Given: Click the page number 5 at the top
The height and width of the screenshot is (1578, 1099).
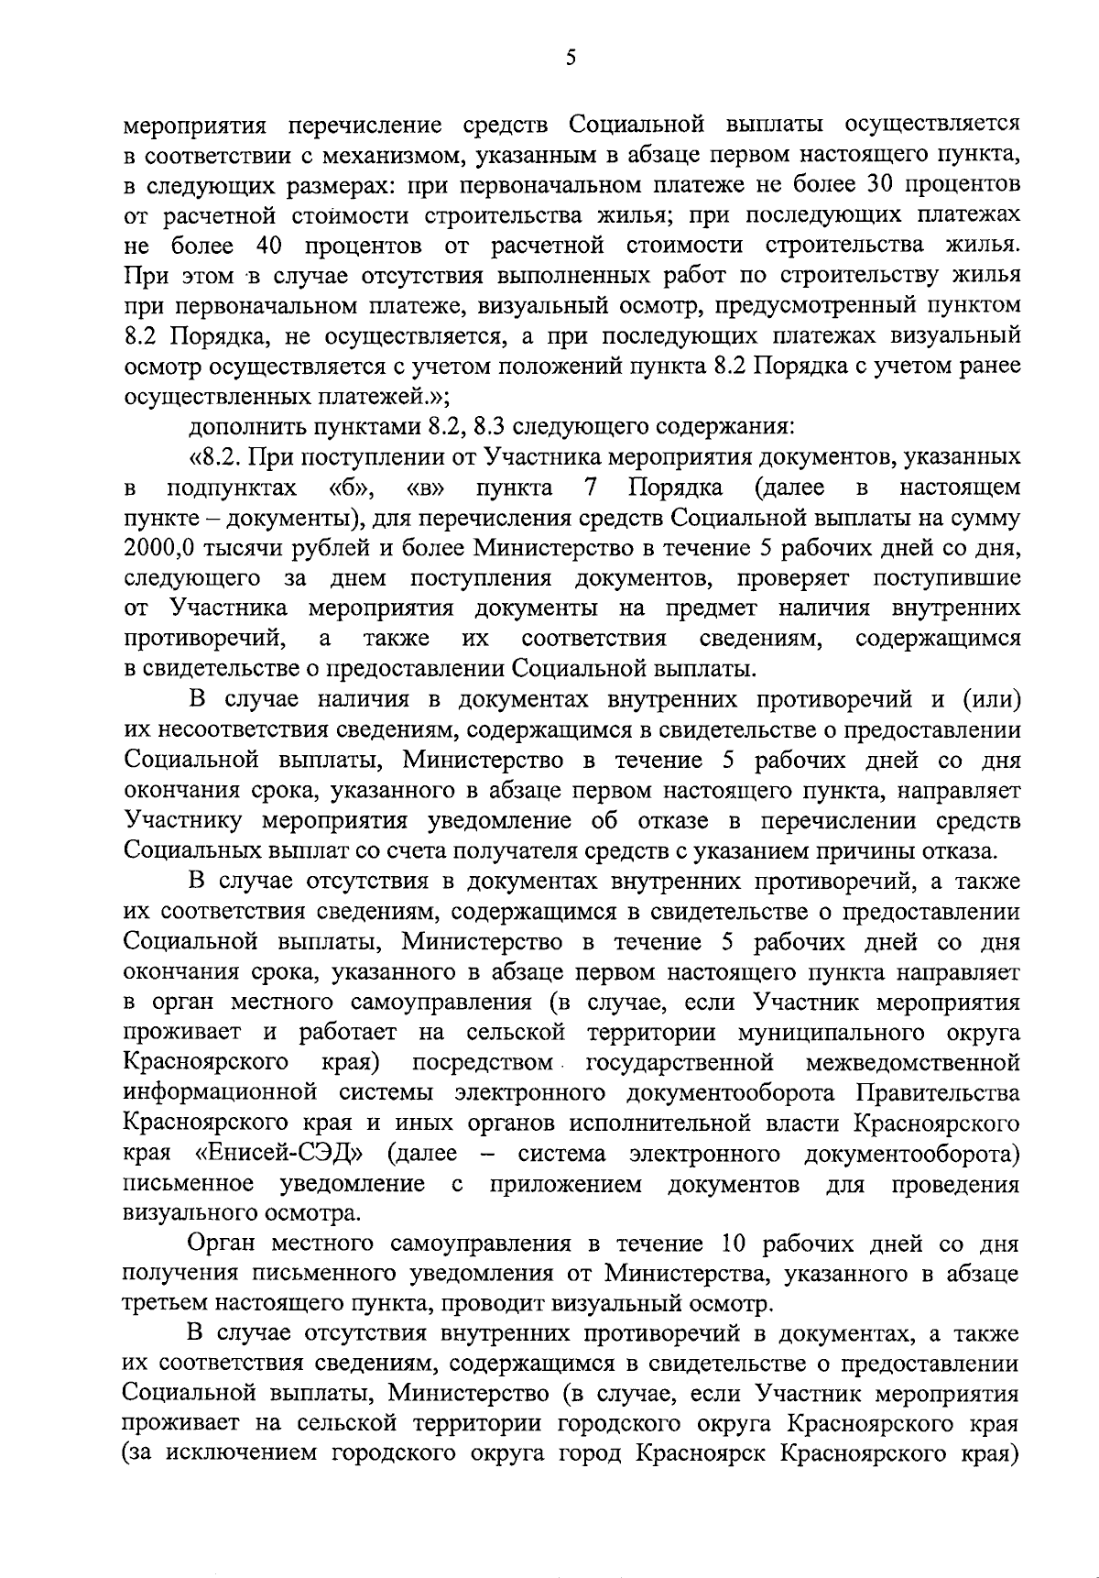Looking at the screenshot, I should click(571, 58).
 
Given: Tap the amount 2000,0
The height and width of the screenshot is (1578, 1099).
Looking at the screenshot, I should click(158, 549).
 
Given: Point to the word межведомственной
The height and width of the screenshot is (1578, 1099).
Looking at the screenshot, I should click(913, 1063).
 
